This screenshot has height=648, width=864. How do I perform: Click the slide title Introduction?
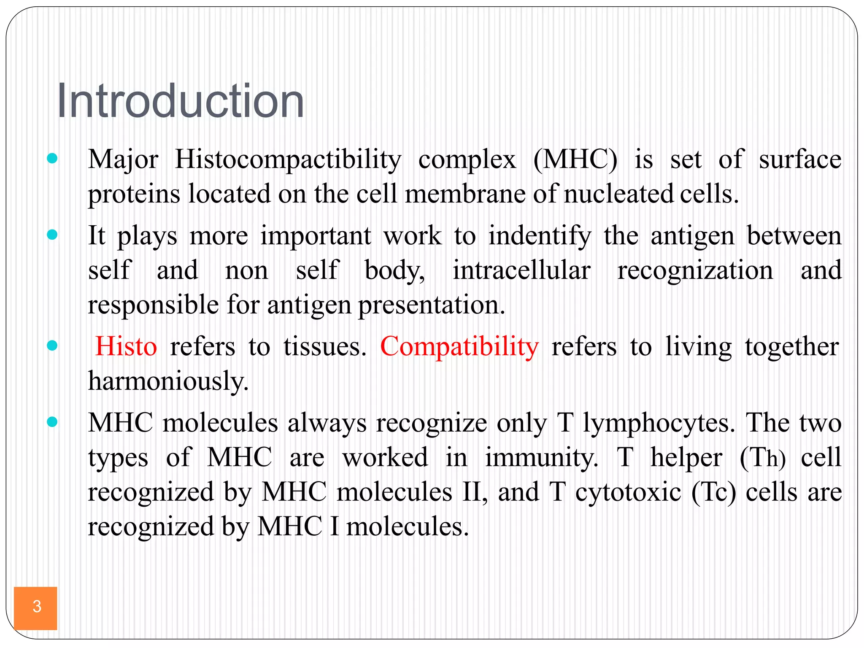tap(180, 101)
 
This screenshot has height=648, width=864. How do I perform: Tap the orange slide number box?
tap(35, 607)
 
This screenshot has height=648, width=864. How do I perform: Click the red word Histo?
tap(126, 347)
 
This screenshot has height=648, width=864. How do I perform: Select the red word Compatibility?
tap(459, 347)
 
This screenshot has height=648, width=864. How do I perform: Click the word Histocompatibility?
tap(288, 160)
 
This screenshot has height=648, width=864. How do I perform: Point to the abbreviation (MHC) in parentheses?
tap(575, 160)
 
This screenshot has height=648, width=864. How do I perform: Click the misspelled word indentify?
tap(540, 236)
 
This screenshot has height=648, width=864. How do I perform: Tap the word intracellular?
tap(521, 270)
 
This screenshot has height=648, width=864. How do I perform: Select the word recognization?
tap(695, 271)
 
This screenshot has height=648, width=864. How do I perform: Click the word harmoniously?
tap(168, 381)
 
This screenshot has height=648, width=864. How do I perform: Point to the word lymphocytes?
tap(659, 424)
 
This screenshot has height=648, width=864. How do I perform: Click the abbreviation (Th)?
tap(763, 458)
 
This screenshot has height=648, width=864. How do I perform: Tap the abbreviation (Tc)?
tap(713, 493)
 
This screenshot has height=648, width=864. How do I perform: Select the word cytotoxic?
tap(628, 493)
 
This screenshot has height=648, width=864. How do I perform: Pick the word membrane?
tap(465, 194)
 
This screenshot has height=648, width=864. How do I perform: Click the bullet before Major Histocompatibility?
tap(52, 159)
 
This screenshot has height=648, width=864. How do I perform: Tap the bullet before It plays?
tap(52, 235)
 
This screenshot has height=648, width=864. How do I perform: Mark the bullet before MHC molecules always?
tap(52, 422)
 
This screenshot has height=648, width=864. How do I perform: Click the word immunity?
tap(541, 458)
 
